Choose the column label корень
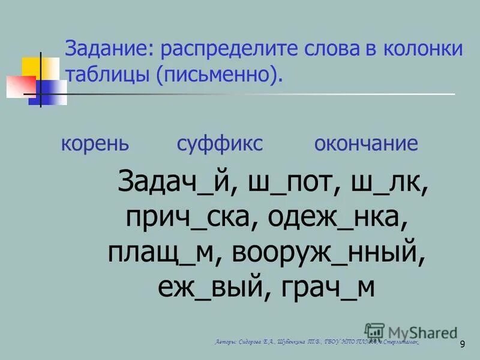[x=94, y=144]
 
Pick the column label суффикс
[x=220, y=144]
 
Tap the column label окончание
[x=365, y=144]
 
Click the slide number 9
[x=462, y=344]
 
